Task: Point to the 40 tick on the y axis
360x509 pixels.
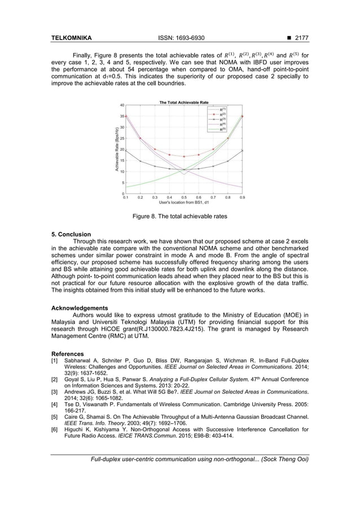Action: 121,105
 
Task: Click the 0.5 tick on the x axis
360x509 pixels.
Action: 184,198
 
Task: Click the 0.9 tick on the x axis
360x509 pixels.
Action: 242,198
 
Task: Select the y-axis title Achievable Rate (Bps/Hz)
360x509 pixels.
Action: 117,150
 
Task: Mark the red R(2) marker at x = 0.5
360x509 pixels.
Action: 184,156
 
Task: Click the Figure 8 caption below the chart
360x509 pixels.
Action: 179,216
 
